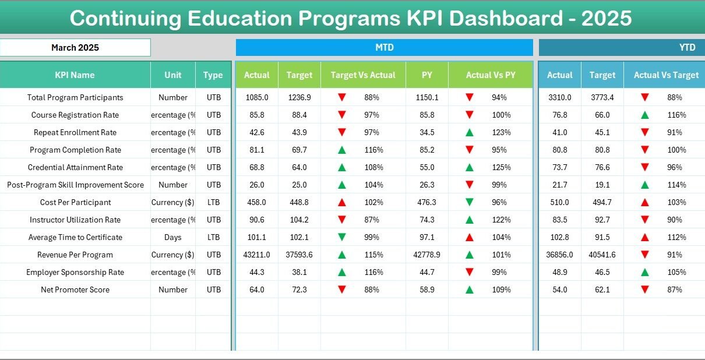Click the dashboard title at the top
[x=351, y=18]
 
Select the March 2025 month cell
[x=75, y=48]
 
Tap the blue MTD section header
[x=384, y=48]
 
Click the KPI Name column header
[x=75, y=75]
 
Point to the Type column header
[x=213, y=75]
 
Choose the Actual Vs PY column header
[x=490, y=75]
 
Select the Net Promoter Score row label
[x=75, y=290]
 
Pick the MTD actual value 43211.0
[x=256, y=255]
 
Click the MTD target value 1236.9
[x=299, y=97]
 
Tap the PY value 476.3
[x=427, y=202]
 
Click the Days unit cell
[x=173, y=237]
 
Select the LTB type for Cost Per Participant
[x=213, y=202]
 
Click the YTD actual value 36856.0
[x=559, y=255]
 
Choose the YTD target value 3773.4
[x=602, y=97]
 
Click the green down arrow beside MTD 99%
[x=342, y=237]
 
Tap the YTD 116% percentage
[x=677, y=115]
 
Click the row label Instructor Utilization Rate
[x=75, y=220]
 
